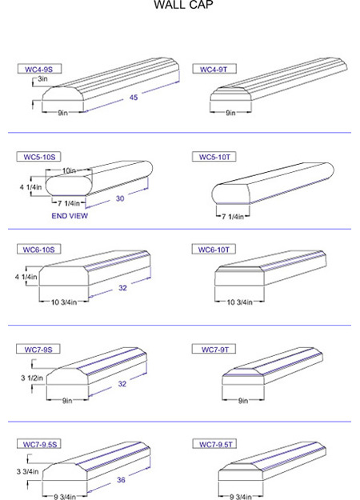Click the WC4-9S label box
click(x=39, y=69)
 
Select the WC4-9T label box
click(x=214, y=69)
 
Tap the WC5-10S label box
click(x=38, y=157)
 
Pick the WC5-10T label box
click(x=214, y=157)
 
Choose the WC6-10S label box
click(x=39, y=250)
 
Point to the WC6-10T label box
click(x=214, y=250)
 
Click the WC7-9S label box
click(x=38, y=349)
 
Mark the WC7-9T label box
click(x=214, y=349)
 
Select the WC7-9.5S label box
click(x=39, y=444)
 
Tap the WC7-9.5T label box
click(x=214, y=444)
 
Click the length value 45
click(x=134, y=98)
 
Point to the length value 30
click(x=120, y=198)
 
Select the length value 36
click(x=121, y=479)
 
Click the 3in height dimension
click(x=42, y=78)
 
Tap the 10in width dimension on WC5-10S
click(x=69, y=171)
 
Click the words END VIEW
click(x=70, y=216)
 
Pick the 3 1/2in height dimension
click(x=32, y=378)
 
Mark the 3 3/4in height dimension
click(x=27, y=471)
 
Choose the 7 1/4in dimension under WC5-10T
click(x=233, y=217)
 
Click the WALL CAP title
click(x=183, y=5)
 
